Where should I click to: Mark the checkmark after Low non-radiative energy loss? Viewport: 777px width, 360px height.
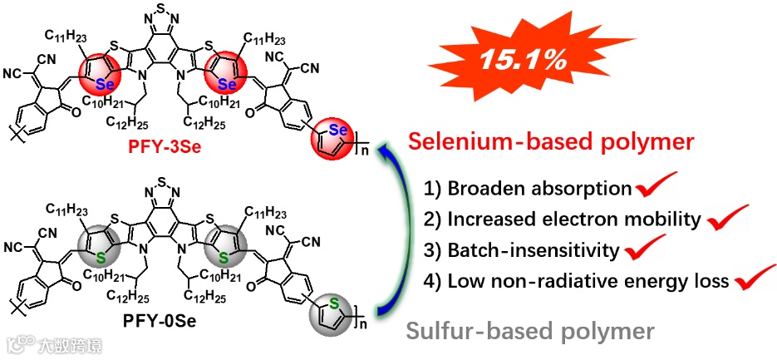click(754, 279)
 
